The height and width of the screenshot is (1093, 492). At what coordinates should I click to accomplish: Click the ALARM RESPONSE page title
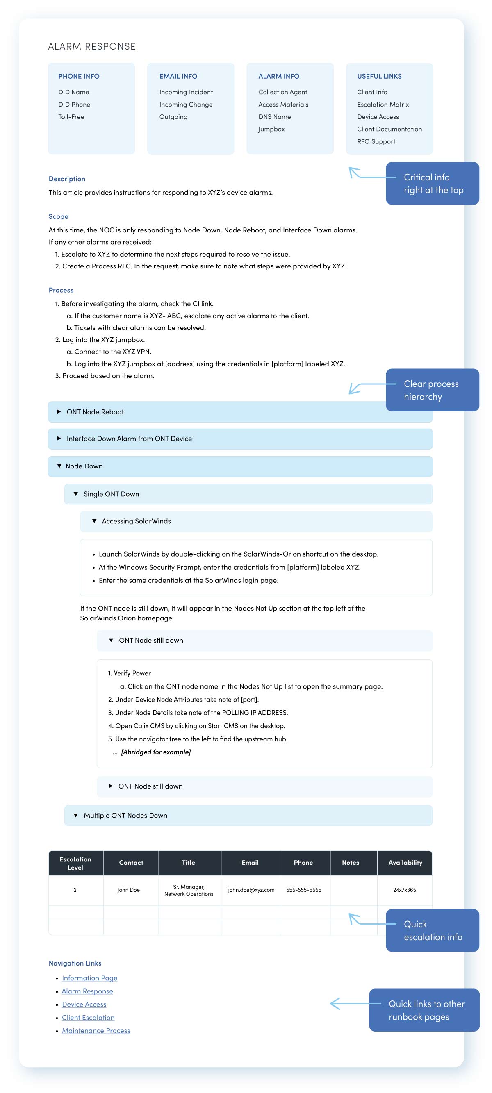click(x=92, y=46)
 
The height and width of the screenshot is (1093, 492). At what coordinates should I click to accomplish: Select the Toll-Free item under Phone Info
click(x=71, y=117)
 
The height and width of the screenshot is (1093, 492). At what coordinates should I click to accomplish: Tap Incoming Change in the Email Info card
click(x=185, y=105)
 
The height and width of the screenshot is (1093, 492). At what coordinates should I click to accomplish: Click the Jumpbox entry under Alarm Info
click(x=271, y=129)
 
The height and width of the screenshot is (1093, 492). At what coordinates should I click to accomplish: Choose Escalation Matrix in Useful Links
click(x=383, y=105)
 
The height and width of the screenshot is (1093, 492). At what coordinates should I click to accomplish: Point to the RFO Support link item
click(x=376, y=141)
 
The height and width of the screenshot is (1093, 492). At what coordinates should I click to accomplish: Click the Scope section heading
click(x=58, y=216)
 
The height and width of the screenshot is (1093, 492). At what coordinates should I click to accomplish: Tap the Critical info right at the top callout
click(x=432, y=183)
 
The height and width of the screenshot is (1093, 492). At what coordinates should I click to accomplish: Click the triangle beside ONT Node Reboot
click(x=59, y=411)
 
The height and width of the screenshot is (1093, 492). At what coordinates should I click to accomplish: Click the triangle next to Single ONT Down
click(x=75, y=494)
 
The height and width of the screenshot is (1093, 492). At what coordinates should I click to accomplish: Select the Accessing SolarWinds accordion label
click(x=136, y=521)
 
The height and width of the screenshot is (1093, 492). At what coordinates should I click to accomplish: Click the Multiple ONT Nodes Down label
click(x=125, y=815)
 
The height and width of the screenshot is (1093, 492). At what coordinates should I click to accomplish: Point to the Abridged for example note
click(x=155, y=752)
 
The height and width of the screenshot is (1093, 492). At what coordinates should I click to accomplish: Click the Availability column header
click(x=405, y=863)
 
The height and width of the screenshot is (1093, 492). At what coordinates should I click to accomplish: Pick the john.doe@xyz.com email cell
click(x=251, y=890)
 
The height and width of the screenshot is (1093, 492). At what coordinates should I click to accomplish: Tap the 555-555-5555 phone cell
click(x=303, y=890)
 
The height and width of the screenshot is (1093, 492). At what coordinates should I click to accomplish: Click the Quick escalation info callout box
click(x=432, y=930)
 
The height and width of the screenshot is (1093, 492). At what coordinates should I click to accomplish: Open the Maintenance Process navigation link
click(x=96, y=1030)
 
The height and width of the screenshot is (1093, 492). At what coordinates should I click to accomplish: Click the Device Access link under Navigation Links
click(x=84, y=1004)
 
